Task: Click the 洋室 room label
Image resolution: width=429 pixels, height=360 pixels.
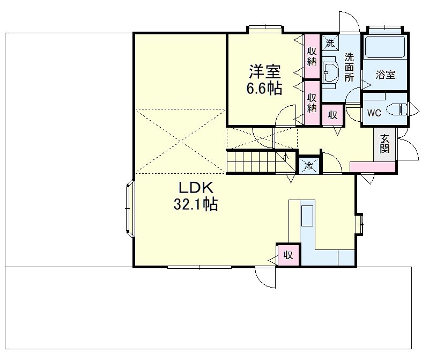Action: click(x=264, y=72)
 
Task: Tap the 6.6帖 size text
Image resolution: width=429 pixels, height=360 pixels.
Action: click(x=264, y=89)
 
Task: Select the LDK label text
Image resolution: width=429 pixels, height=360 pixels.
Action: click(x=196, y=188)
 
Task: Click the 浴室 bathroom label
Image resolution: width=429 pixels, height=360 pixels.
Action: click(x=385, y=75)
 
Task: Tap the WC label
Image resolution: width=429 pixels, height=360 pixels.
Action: click(x=374, y=113)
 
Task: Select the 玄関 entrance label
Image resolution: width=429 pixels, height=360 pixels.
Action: click(x=385, y=144)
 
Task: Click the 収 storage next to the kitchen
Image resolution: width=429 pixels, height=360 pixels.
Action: click(x=288, y=255)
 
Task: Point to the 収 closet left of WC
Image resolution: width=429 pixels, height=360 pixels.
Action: click(x=332, y=115)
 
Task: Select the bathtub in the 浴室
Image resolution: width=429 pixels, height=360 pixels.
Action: click(x=384, y=48)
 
